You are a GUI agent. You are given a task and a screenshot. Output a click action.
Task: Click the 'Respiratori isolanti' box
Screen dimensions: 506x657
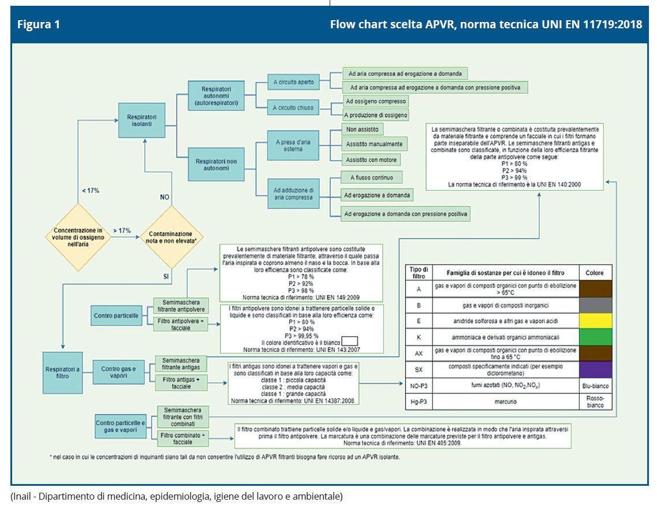(141, 120)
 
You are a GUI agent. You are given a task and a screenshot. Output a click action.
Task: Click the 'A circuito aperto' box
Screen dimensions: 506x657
(294, 83)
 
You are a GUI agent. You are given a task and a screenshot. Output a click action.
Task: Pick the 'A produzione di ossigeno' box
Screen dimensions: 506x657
(376, 115)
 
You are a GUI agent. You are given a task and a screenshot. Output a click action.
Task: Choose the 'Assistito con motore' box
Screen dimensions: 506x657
(371, 159)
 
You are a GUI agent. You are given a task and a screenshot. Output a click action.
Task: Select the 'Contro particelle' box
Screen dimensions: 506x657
(116, 316)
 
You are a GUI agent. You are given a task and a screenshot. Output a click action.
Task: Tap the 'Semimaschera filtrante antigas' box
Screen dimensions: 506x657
(181, 363)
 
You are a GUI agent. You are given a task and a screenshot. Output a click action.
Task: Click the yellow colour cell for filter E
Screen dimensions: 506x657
(596, 321)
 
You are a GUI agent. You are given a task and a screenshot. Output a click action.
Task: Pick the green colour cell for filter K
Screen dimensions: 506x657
(596, 337)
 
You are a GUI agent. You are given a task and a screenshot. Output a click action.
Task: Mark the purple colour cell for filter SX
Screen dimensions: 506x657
(596, 370)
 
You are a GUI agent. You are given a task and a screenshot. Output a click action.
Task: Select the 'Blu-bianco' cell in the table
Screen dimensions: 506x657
(596, 386)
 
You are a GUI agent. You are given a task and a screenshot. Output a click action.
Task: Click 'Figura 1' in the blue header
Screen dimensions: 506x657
(39, 25)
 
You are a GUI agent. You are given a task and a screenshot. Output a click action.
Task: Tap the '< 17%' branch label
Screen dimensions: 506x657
(90, 191)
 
